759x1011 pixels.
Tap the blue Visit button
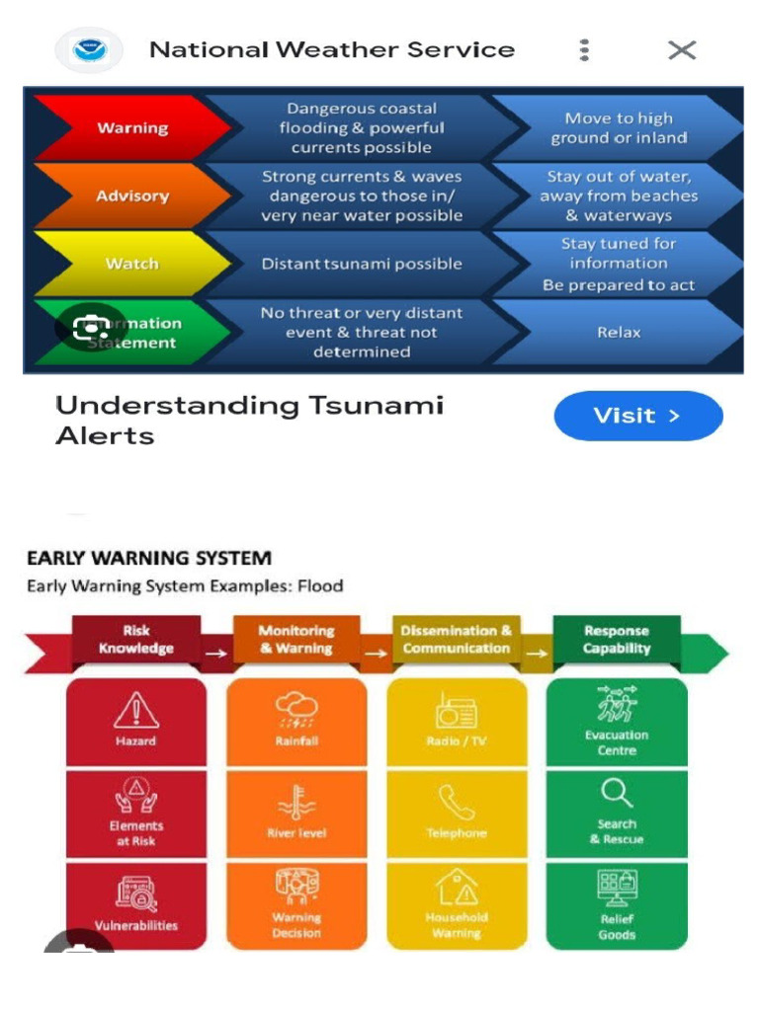pos(637,416)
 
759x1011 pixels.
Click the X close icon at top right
pos(682,50)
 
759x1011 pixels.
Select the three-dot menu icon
pos(585,50)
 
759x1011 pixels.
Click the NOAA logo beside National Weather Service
pos(90,50)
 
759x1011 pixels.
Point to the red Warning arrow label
pos(131,128)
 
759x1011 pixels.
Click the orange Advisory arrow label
pos(131,196)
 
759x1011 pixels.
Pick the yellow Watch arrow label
pos(131,264)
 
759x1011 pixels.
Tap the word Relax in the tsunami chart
pos(619,333)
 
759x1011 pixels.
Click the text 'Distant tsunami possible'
pos(361,264)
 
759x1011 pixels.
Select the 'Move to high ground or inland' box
pos(619,128)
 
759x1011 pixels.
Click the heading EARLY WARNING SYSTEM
pos(149,558)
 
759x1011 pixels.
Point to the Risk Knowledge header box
pos(136,640)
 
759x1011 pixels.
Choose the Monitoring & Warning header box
pos(296,640)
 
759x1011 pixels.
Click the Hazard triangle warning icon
pos(136,710)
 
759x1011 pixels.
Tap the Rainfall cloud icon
pos(296,708)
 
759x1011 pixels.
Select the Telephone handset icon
pos(457,802)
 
